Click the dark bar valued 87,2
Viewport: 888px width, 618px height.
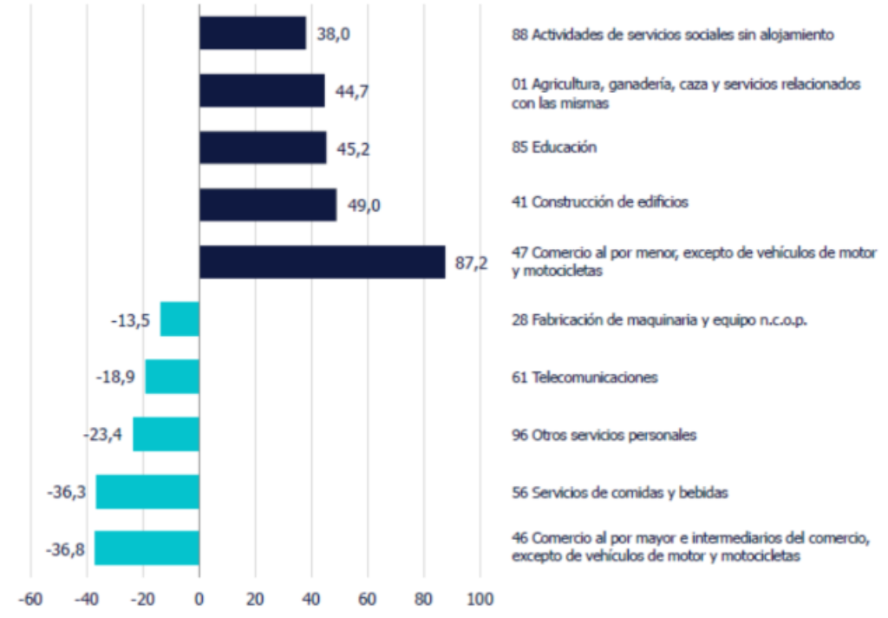[x=322, y=262]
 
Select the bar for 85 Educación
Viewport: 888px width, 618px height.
[x=263, y=148]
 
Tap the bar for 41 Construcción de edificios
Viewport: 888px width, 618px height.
[x=268, y=205]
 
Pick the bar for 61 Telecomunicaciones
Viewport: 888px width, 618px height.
[x=172, y=377]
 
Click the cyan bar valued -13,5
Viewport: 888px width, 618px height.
[x=180, y=319]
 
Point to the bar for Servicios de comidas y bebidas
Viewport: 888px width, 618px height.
[x=147, y=491]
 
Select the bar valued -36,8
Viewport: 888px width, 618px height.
[x=147, y=548]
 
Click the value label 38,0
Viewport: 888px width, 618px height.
[x=331, y=35]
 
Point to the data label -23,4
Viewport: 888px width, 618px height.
[x=102, y=435]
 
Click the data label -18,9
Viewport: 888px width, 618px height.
[x=114, y=378]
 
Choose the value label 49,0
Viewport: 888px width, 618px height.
[x=363, y=206]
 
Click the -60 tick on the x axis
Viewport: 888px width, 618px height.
[x=30, y=599]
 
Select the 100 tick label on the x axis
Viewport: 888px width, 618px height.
[x=480, y=599]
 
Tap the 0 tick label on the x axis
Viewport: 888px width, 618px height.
[x=199, y=599]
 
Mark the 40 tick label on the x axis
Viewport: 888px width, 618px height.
[x=311, y=599]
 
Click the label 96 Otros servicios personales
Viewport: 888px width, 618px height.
[x=604, y=435]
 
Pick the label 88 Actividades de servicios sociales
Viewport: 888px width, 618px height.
[x=672, y=35]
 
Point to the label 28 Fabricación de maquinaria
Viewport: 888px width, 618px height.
[x=659, y=319]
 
